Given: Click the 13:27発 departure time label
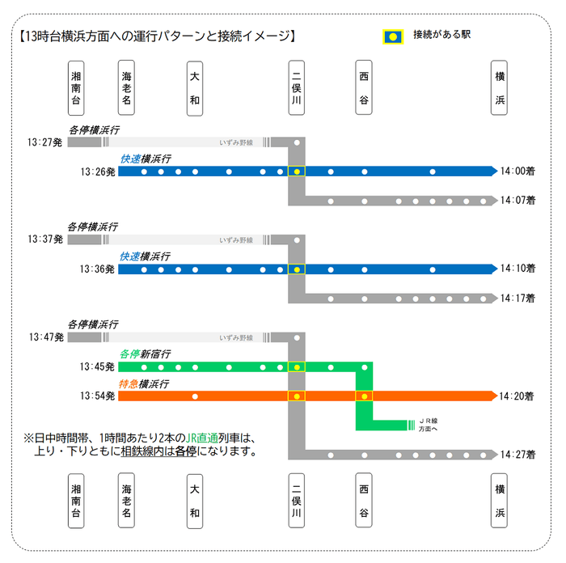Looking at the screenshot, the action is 44,142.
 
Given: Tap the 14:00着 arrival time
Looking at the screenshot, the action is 517,171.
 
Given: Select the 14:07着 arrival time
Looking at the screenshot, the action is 517,201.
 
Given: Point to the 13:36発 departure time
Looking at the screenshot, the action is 97,269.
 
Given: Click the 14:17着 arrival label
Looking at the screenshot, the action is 517,298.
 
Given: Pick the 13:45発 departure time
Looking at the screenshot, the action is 97,367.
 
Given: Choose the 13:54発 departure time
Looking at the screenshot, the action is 98,396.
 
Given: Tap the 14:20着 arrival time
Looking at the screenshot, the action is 517,396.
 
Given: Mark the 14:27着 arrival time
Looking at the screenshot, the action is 517,455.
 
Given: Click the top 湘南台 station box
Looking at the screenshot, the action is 76,88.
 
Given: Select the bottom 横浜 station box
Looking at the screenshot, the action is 499,501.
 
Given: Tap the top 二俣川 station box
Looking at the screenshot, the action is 297,87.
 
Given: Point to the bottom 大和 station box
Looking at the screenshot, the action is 195,502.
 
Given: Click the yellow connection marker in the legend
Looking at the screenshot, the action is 393,37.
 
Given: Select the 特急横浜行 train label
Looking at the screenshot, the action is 144,384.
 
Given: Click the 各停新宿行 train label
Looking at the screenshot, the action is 145,354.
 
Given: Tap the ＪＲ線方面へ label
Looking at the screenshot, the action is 428,425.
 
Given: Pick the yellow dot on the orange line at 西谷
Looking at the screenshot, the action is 365,396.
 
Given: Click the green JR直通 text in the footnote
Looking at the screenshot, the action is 202,438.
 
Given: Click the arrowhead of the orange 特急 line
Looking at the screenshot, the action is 494,396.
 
